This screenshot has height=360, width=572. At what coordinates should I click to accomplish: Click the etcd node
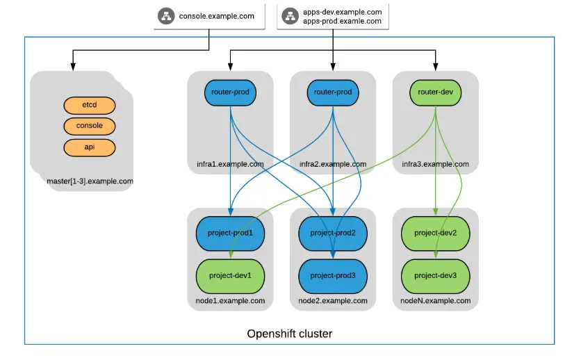pos(89,105)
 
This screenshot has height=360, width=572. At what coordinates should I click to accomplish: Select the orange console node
pos(89,126)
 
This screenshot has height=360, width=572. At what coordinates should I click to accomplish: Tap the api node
pos(89,147)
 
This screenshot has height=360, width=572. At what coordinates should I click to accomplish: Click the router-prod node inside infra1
pos(230,92)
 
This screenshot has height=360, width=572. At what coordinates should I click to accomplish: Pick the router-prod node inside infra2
pos(333,92)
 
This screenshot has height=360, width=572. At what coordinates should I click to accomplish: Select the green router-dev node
pos(436,92)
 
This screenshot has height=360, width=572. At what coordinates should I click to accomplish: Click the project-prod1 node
pos(230,233)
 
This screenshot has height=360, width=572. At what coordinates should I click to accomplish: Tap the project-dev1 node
pos(230,275)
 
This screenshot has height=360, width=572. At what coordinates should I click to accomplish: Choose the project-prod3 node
pos(333,275)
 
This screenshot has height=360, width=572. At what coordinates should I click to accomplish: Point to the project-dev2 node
pos(436,233)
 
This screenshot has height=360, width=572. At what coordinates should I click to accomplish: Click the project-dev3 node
pos(436,275)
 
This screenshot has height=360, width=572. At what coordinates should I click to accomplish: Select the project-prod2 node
pos(333,233)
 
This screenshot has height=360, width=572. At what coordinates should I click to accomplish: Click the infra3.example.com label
pos(436,165)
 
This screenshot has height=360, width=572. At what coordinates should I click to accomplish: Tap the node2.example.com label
pos(333,301)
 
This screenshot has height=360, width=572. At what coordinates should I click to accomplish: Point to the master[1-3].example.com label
pos(90,181)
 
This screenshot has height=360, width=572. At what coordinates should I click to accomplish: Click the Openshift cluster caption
pos(290,334)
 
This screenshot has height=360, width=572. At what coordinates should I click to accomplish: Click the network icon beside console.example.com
pos(167,16)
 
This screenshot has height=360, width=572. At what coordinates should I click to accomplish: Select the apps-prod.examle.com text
pos(342,21)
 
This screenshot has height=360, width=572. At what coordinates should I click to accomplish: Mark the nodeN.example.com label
pos(436,301)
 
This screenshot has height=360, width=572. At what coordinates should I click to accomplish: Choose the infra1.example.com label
pos(230,165)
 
